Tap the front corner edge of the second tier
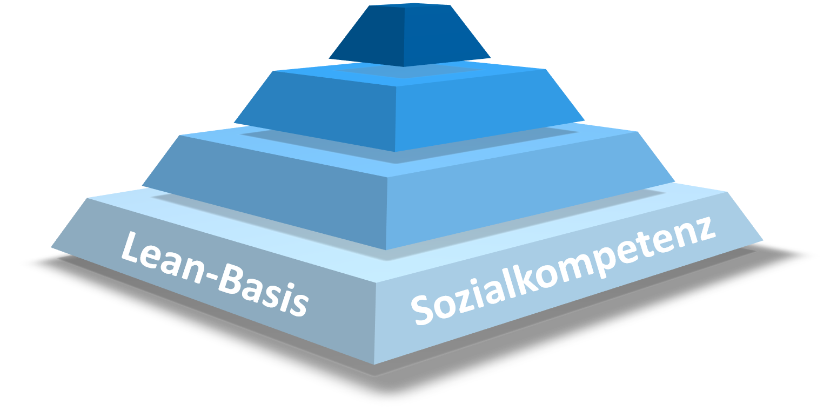(x=396, y=119)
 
